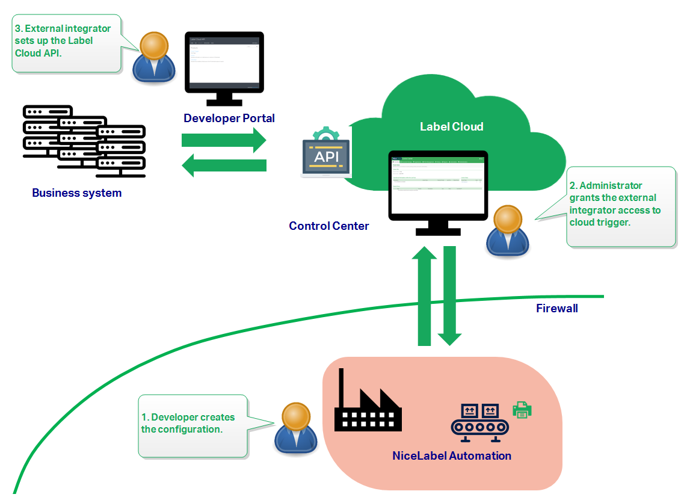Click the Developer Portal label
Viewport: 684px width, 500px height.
coord(229,119)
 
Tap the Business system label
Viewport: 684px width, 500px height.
coord(76,193)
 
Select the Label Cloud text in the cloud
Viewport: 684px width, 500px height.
coord(451,127)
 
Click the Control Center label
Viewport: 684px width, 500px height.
coord(328,226)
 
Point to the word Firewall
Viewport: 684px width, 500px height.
coord(556,309)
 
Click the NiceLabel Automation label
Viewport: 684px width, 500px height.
coord(451,455)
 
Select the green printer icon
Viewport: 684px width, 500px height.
coord(522,410)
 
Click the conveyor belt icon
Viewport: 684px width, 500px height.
coord(479,419)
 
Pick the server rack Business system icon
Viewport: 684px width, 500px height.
coord(84,141)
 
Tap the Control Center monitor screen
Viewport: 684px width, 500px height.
coord(438,187)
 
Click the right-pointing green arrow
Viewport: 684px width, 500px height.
coord(223,140)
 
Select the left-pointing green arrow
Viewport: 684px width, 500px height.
coord(223,165)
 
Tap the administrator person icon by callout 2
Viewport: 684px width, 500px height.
coord(509,231)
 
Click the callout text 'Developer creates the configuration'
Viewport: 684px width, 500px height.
coord(188,423)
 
